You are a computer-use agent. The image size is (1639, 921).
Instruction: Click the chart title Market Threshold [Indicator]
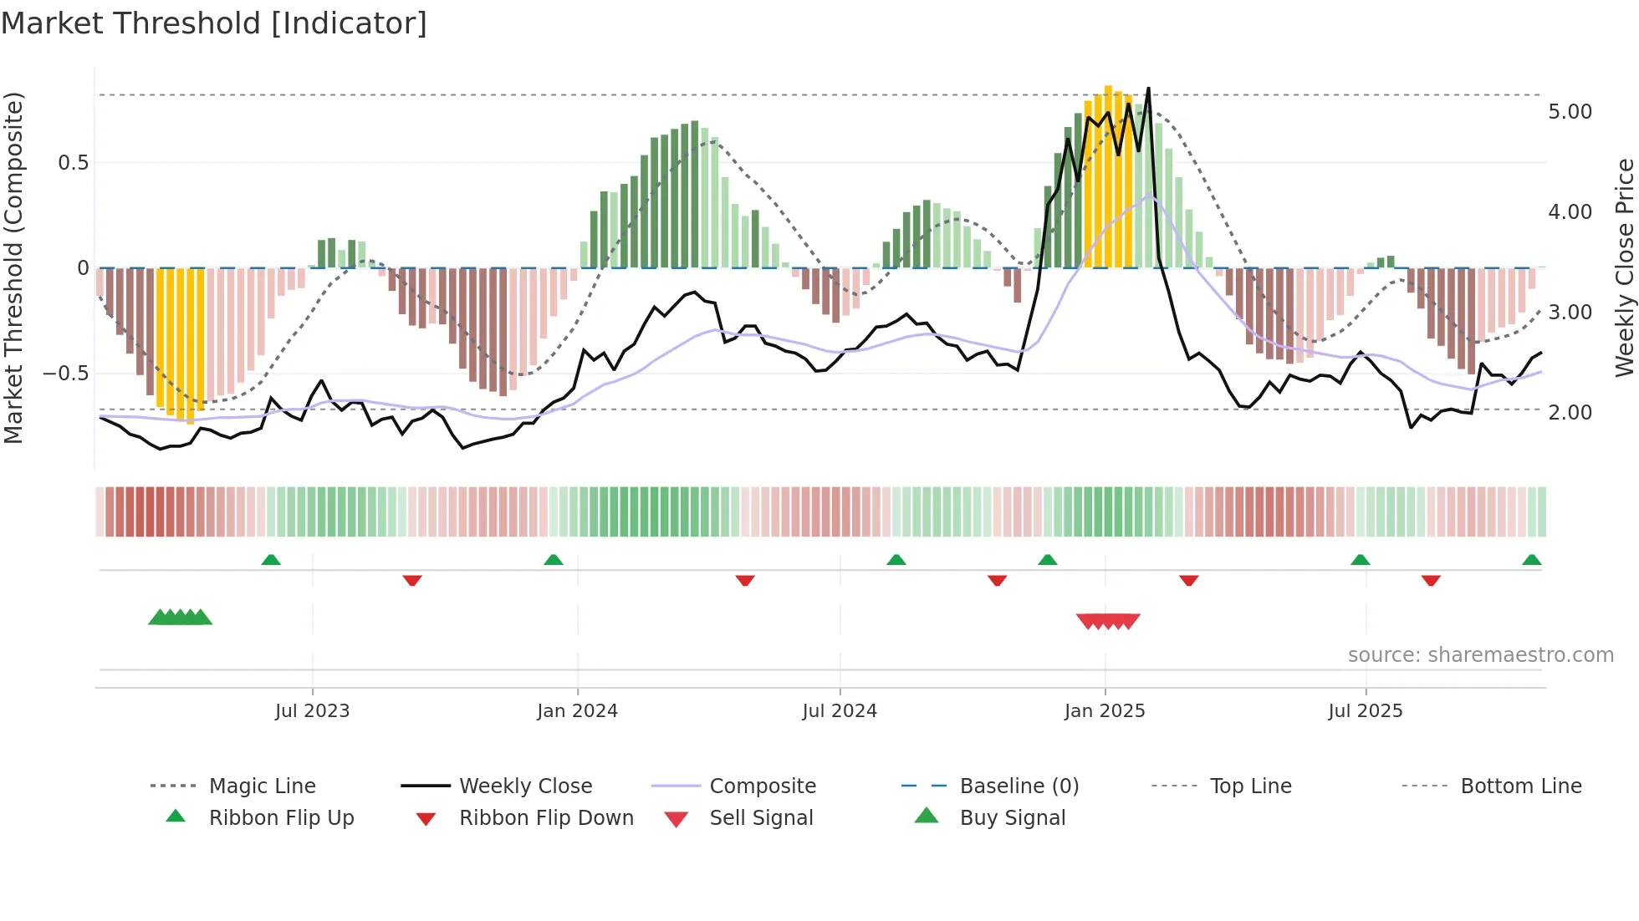click(x=214, y=23)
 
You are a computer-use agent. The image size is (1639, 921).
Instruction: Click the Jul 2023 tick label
click(x=312, y=711)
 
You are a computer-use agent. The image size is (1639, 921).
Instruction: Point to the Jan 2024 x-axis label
click(x=577, y=711)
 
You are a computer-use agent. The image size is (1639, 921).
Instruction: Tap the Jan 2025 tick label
click(x=1104, y=711)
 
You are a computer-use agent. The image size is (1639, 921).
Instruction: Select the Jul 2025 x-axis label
click(x=1365, y=711)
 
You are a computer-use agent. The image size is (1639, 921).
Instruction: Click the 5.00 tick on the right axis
click(x=1570, y=112)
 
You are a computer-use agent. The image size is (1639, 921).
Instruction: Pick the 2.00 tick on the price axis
click(x=1570, y=413)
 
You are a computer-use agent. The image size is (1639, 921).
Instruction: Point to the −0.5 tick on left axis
click(x=66, y=374)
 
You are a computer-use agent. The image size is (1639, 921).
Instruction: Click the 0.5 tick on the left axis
click(x=73, y=163)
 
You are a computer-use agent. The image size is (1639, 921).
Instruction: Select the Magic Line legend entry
click(x=262, y=786)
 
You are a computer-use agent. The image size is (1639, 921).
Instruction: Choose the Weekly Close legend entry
click(x=525, y=786)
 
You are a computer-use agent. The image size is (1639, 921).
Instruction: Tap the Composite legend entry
click(x=762, y=786)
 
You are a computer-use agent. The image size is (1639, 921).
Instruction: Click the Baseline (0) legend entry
click(x=1019, y=786)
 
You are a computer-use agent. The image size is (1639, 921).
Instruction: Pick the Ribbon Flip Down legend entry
click(x=545, y=818)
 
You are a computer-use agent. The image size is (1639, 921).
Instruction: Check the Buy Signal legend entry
click(x=1012, y=818)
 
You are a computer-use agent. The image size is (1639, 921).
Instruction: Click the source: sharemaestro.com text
click(x=1480, y=655)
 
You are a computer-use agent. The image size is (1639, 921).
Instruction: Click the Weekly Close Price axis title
click(x=1624, y=267)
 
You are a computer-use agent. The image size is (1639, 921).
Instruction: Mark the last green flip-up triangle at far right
click(x=1531, y=560)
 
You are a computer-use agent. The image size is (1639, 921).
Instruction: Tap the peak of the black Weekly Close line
click(x=1148, y=89)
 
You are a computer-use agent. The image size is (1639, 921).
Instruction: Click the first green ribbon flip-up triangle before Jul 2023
click(x=271, y=560)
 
